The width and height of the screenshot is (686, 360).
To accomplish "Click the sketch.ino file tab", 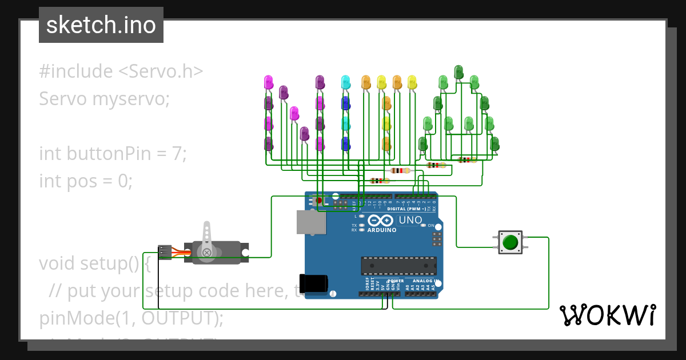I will click(101, 25).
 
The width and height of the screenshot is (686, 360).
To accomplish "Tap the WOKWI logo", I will click(607, 315).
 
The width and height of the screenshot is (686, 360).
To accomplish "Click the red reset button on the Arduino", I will click(319, 201).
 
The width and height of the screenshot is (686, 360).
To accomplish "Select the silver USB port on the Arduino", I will click(311, 222).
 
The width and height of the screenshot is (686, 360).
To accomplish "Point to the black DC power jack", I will click(316, 283).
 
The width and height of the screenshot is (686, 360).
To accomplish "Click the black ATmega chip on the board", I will click(398, 266).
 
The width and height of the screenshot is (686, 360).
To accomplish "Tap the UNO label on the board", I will click(410, 221).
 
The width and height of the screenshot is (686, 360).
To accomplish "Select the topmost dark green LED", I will click(458, 71).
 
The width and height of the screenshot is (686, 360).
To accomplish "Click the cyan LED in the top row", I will click(345, 82).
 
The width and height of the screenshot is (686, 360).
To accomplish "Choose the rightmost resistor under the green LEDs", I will click(467, 161).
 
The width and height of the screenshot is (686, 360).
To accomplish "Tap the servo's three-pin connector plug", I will click(165, 252).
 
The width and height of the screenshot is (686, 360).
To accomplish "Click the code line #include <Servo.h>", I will click(121, 71).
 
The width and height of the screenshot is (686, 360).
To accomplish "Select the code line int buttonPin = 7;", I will click(113, 154).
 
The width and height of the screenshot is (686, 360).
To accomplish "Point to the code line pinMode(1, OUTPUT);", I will click(131, 318).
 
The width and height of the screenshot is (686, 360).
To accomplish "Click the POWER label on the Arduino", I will click(396, 281).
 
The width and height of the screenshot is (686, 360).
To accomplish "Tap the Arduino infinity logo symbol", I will click(380, 221).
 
